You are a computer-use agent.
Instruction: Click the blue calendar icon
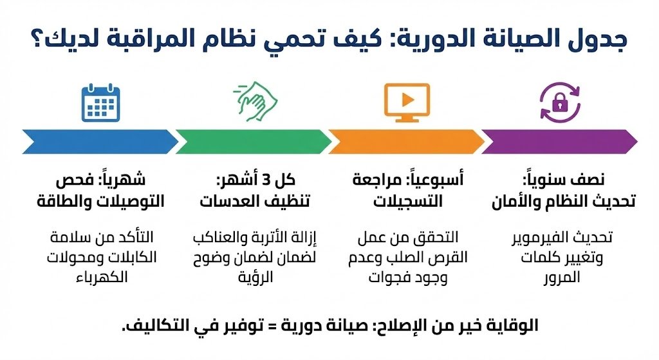click(101, 102)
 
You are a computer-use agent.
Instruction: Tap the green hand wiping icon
click(254, 102)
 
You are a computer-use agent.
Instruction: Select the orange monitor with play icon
click(406, 102)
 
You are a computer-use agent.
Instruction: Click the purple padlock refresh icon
click(558, 102)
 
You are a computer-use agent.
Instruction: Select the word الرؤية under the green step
click(252, 277)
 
